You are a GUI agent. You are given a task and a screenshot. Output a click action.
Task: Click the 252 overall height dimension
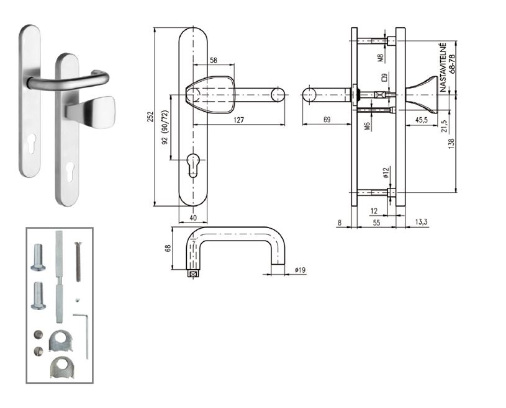coord(150,117)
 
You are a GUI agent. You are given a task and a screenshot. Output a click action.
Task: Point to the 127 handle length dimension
coord(238,120)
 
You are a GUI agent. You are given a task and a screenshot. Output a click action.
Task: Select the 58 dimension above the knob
coord(214,60)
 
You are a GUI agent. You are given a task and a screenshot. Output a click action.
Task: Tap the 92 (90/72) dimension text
coord(165,127)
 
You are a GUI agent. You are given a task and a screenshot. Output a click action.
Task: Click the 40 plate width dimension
coord(193,218)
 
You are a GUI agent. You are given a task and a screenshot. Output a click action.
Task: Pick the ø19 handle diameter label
coord(300,270)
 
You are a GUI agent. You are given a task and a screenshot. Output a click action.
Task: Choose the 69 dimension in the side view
coord(327,120)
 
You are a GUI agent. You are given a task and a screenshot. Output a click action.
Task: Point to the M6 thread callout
coord(367,126)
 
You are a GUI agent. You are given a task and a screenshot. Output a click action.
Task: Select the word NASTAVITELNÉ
coord(443,68)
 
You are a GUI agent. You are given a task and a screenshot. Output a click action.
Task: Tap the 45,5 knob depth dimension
coord(422,120)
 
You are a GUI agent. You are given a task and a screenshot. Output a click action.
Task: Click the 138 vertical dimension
coord(451,143)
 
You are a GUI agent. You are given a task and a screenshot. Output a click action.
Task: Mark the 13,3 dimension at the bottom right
coord(422,222)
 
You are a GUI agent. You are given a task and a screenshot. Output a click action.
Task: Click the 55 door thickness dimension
coord(376,223)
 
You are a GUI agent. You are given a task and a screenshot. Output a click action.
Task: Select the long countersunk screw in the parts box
coord(78,262)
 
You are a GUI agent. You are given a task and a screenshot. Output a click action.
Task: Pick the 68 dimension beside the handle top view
coord(168,248)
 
